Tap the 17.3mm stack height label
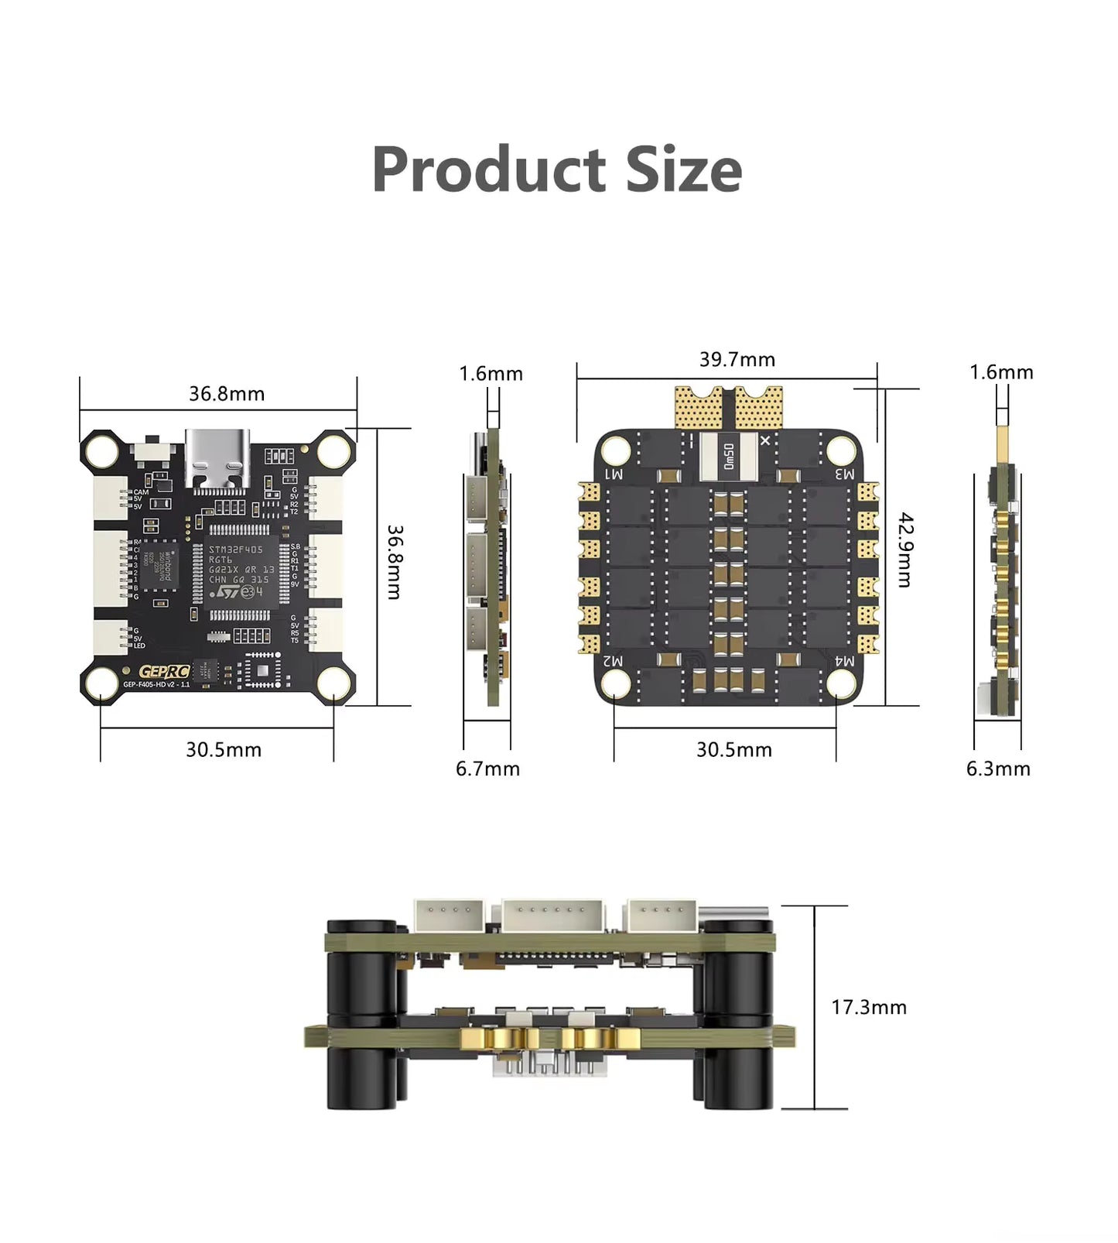(x=868, y=1007)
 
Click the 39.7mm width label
(x=737, y=360)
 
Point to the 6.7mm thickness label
(x=487, y=769)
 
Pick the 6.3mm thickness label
(x=998, y=769)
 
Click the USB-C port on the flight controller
(x=218, y=461)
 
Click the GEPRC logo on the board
(x=163, y=672)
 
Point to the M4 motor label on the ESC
(x=844, y=660)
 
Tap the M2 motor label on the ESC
(x=613, y=660)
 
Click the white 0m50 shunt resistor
(x=728, y=457)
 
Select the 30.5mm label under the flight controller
(x=224, y=749)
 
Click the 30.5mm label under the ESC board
(x=734, y=749)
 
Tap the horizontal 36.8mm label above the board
(x=227, y=394)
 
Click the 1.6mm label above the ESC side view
(x=1001, y=372)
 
